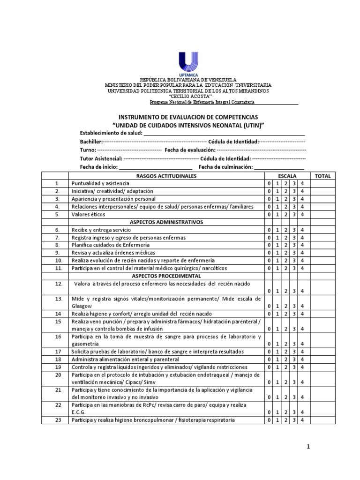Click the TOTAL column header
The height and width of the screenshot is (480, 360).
[322, 176]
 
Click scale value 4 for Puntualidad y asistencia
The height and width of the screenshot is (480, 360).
[302, 184]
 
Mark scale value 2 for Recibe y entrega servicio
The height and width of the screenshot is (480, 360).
[286, 230]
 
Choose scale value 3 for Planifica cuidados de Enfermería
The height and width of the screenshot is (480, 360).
[294, 245]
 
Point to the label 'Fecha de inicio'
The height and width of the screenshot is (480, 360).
[98, 167]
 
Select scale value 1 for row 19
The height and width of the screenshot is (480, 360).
[277, 367]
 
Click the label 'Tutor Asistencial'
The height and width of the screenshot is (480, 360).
[101, 159]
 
